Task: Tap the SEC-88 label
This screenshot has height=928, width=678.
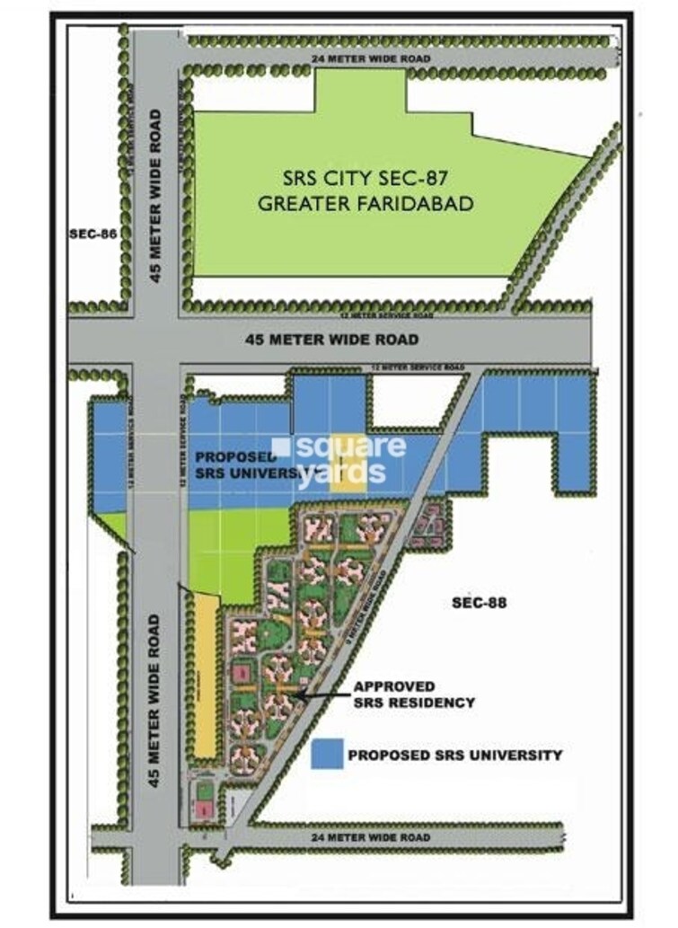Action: click(x=479, y=603)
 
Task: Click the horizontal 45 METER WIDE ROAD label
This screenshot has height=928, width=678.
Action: click(x=332, y=340)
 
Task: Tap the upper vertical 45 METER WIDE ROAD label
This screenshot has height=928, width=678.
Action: click(x=156, y=197)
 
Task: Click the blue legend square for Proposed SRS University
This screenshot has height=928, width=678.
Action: click(x=328, y=754)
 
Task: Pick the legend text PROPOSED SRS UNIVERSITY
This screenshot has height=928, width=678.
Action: click(x=454, y=755)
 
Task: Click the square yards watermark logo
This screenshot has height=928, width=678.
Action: click(x=341, y=459)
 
